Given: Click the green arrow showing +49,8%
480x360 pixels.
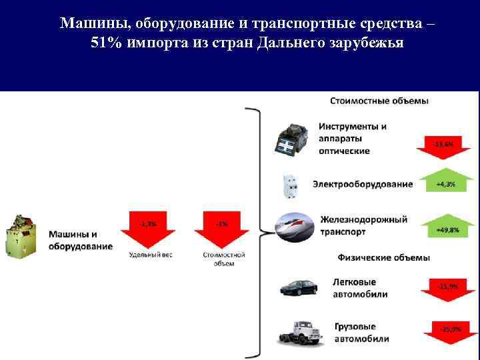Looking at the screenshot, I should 446,227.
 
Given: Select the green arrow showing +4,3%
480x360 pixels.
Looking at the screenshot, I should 446,181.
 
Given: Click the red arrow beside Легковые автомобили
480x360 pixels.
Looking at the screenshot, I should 447,289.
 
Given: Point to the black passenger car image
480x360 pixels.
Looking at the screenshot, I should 300,287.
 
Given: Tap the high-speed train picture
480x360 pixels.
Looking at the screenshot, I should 293,225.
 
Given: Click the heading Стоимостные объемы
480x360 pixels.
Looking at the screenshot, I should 379,101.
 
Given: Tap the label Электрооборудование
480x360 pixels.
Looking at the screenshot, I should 363,184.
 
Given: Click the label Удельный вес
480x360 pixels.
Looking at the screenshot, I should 151,255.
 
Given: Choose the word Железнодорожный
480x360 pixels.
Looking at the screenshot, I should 363,219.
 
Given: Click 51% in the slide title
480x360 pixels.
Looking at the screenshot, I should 104,42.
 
